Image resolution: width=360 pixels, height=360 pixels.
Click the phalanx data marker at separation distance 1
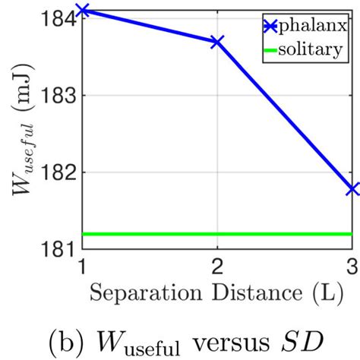pos(84,10)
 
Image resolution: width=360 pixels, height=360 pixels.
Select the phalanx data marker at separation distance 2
pos(218,41)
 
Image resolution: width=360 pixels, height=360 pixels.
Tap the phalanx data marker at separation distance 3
pos(352,188)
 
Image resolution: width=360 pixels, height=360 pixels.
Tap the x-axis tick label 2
pos(218,266)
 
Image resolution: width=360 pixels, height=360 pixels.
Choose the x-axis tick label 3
pos(352,266)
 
